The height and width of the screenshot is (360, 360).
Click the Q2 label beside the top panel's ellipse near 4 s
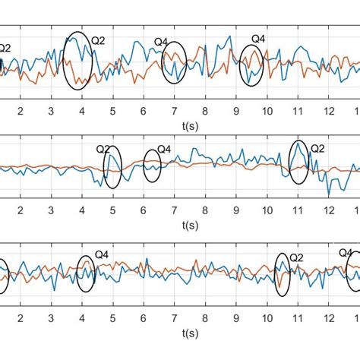pyautogui.click(x=99, y=39)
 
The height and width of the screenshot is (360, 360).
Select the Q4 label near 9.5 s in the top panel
pyautogui.click(x=258, y=38)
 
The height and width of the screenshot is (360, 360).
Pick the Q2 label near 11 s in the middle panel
pyautogui.click(x=317, y=149)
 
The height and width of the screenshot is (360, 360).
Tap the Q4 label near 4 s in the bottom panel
pyautogui.click(x=100, y=255)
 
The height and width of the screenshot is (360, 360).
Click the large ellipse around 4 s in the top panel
pyautogui.click(x=78, y=62)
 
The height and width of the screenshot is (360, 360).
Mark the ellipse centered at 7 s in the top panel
pyautogui.click(x=174, y=63)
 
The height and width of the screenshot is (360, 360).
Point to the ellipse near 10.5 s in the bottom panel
pyautogui.click(x=283, y=276)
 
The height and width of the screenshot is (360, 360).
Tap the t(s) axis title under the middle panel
pyautogui.click(x=189, y=225)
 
